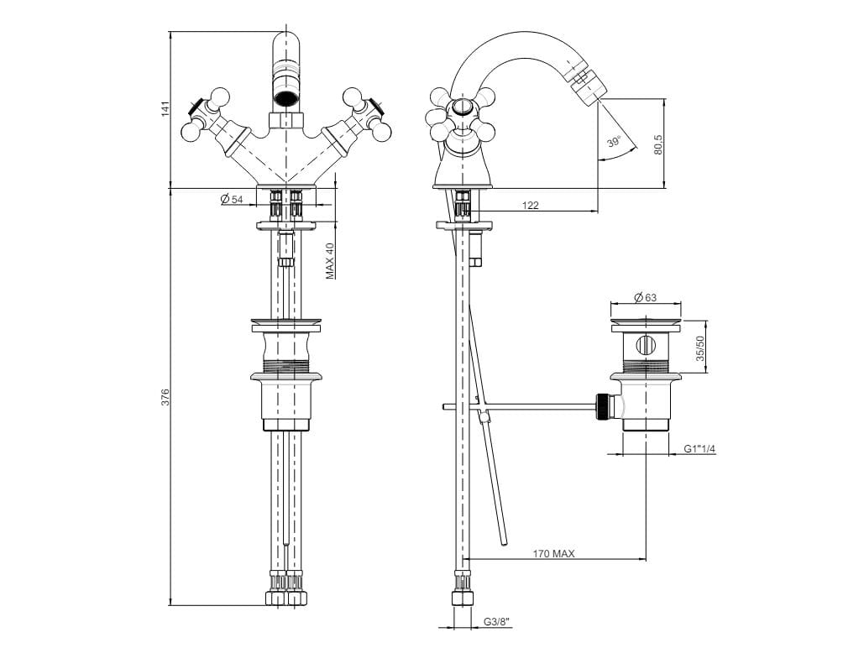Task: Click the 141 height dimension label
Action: coord(165,108)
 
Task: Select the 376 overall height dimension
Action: coord(165,397)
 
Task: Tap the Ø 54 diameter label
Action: coord(232,199)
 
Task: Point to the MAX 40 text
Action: coord(330,260)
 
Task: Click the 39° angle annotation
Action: coord(615,142)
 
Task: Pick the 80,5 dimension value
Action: coord(659,144)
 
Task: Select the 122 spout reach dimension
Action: coord(530,205)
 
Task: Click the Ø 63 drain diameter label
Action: coord(644,297)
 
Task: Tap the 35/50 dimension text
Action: coord(701,347)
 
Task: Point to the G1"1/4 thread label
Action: coord(699,450)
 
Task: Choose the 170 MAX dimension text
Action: coord(552,553)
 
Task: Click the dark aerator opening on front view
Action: coord(286,96)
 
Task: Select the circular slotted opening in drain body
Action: coord(646,345)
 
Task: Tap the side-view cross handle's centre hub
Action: coord(461,107)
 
